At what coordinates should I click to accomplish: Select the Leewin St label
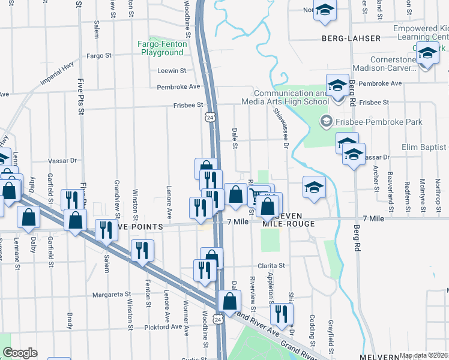click(x=168, y=70)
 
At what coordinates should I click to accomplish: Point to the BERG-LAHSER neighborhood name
click(x=351, y=38)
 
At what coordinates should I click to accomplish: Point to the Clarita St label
click(x=272, y=265)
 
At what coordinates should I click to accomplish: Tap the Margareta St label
click(x=112, y=295)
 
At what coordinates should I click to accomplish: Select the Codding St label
click(x=312, y=327)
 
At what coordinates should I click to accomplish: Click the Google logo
click(x=20, y=353)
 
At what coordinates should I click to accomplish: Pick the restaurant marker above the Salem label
click(x=105, y=230)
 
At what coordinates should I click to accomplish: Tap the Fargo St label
click(x=100, y=55)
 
